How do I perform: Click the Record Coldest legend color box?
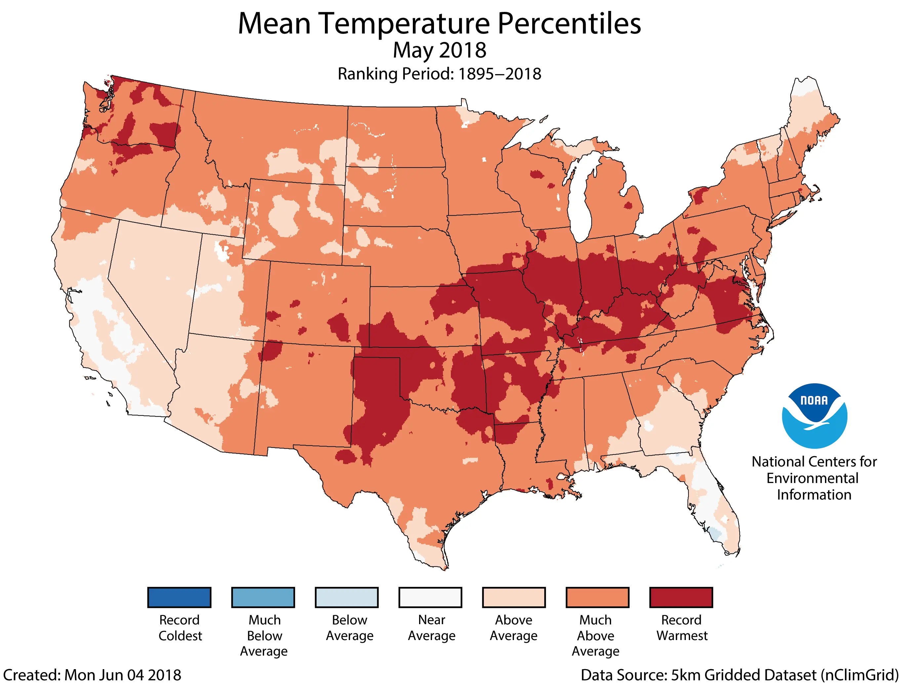pos(179,597)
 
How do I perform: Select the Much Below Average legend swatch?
pos(263,597)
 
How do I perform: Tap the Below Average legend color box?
pos(346,597)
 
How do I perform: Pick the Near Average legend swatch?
pos(430,597)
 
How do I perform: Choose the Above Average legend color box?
pos(514,597)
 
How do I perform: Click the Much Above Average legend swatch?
pos(598,597)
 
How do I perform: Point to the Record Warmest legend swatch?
pos(681,597)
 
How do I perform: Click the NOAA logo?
pos(814,416)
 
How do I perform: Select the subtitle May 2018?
pos(440,50)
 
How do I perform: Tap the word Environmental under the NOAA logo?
pos(812,478)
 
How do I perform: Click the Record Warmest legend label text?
pos(682,627)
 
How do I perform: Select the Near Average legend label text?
pos(431,627)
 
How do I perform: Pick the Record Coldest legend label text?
pos(179,627)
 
